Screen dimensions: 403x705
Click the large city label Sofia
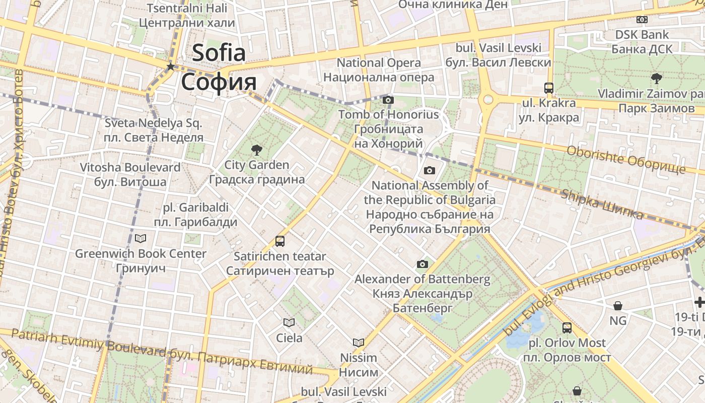point(219,53)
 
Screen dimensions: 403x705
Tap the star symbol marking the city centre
point(171,66)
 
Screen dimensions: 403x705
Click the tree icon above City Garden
point(256,149)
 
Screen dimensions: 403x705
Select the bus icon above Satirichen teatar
point(280,241)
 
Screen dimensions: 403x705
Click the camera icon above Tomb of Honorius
point(388,100)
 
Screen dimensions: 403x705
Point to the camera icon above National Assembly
point(430,170)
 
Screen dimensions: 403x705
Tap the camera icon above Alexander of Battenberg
point(422,264)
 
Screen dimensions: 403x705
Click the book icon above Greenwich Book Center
point(140,238)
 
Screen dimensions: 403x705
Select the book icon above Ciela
point(289,322)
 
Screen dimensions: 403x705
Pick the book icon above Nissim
point(359,343)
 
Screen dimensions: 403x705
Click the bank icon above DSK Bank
point(642,20)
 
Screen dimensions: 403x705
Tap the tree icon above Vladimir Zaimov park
point(656,78)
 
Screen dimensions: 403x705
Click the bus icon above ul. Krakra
point(549,88)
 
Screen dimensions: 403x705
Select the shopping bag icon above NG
point(618,305)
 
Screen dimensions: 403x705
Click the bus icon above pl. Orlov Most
point(567,328)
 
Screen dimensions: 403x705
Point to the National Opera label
point(379,63)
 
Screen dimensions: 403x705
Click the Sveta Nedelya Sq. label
point(153,123)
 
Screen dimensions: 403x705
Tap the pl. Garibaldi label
point(196,208)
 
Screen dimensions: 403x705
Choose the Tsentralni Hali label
point(187,8)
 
